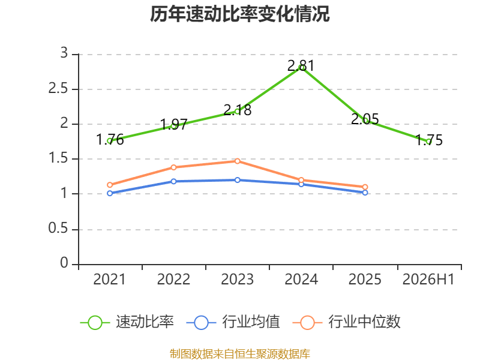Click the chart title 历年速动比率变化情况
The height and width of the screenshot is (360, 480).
(x=239, y=14)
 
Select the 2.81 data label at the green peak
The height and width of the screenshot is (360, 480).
(x=301, y=66)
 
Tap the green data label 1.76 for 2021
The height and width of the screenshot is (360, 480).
(x=110, y=140)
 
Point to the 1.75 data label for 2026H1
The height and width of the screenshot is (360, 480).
(x=429, y=140)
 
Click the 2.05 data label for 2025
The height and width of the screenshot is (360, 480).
(x=365, y=119)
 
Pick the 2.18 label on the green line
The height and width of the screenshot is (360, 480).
(x=238, y=110)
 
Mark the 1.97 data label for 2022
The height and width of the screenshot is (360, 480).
(x=173, y=125)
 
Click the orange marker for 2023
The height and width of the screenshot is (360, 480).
(x=238, y=161)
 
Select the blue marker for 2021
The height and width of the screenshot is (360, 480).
(x=110, y=193)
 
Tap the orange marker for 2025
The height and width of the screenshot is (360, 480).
(x=365, y=187)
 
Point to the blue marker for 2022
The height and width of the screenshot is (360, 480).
(x=173, y=181)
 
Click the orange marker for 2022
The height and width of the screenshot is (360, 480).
(x=173, y=167)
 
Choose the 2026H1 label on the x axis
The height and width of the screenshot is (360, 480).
(x=428, y=280)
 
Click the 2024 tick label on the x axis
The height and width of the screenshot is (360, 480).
(x=301, y=280)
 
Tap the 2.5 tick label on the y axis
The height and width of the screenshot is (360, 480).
(x=58, y=89)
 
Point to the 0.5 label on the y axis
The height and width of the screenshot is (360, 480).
(x=58, y=229)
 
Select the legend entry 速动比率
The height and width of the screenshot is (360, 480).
(x=127, y=322)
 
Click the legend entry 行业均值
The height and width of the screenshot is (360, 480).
(x=233, y=322)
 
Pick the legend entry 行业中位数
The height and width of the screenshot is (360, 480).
(x=346, y=322)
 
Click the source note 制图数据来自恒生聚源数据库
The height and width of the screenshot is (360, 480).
(x=240, y=354)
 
